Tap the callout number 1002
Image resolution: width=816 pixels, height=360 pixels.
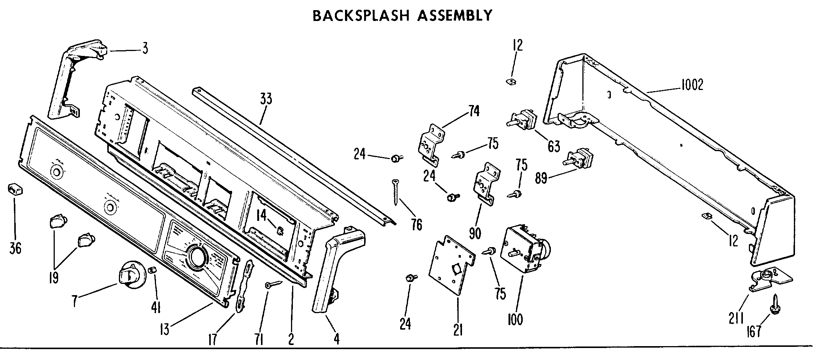pos(692,85)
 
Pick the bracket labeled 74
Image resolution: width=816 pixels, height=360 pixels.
pos(431,145)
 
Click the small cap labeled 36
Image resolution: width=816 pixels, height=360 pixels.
pos(15,189)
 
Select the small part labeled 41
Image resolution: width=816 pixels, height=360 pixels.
pos(153,270)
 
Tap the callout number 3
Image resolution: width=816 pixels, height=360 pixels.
pos(145,48)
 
